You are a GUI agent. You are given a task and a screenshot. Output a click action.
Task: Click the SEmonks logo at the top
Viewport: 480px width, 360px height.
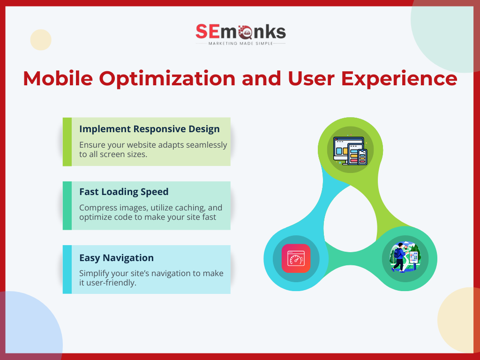[240, 35]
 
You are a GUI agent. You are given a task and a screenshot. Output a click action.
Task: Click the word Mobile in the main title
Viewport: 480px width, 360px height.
[58, 78]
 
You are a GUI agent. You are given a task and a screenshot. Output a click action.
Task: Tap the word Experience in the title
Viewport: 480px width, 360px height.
[399, 79]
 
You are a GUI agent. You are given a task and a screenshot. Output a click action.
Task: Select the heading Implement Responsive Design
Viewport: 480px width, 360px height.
[150, 129]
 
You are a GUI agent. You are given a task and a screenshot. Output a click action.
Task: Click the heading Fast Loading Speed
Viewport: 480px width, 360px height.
[124, 192]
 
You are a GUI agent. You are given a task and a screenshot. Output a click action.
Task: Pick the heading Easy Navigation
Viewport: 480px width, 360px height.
[116, 258]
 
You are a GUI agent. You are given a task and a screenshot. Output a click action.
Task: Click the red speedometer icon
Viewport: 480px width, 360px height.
[296, 258]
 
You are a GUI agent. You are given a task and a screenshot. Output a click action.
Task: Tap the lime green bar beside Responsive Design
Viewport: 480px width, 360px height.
[67, 142]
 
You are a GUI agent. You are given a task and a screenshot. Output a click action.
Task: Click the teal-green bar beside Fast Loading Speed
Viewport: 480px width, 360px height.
[67, 206]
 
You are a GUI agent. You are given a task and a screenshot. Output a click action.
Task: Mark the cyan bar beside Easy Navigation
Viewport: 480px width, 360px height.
[67, 270]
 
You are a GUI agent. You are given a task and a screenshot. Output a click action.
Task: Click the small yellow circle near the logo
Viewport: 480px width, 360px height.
[41, 40]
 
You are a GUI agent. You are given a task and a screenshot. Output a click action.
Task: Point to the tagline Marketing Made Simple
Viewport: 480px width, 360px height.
[240, 44]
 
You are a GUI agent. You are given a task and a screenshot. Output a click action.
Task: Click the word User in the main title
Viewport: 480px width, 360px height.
[311, 79]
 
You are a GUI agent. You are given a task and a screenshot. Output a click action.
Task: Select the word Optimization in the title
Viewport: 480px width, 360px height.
[167, 79]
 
